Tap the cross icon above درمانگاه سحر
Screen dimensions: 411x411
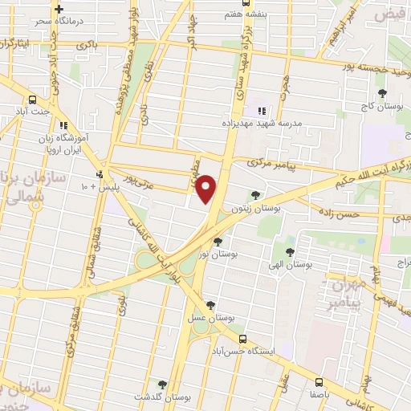[x=59, y=8]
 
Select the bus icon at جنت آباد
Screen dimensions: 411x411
[x=32, y=100]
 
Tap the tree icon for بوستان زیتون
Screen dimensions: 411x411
[x=255, y=194]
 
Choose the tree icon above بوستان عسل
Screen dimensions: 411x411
[x=210, y=305]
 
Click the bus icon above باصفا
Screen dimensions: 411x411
[x=319, y=382]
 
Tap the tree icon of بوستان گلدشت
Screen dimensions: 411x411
[x=163, y=385]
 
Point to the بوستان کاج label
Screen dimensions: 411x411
[x=380, y=107]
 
